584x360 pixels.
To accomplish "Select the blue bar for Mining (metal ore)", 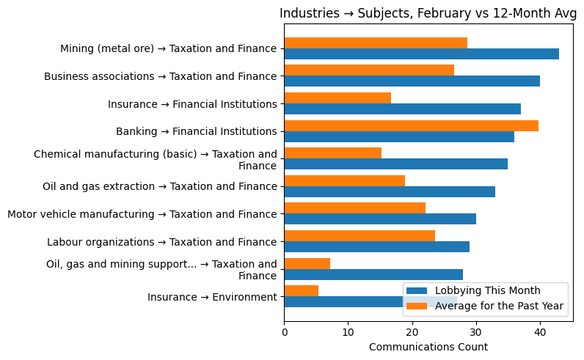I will [x=421, y=54].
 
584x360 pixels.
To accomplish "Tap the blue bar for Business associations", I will [x=412, y=81].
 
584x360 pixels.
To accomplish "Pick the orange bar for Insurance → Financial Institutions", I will [x=337, y=98].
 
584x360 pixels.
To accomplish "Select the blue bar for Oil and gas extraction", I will [x=389, y=191].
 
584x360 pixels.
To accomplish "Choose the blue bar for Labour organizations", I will [x=376, y=247].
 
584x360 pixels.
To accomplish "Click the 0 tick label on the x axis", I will [x=284, y=331].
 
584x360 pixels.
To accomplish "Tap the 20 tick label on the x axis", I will [x=412, y=331].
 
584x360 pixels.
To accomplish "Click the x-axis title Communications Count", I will [x=428, y=347].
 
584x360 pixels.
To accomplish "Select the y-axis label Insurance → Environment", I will [x=212, y=297].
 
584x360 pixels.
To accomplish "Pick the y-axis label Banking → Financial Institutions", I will [x=196, y=131].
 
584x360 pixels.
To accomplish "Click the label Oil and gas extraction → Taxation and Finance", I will [x=160, y=186].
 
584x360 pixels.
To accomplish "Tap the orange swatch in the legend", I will [x=418, y=305].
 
